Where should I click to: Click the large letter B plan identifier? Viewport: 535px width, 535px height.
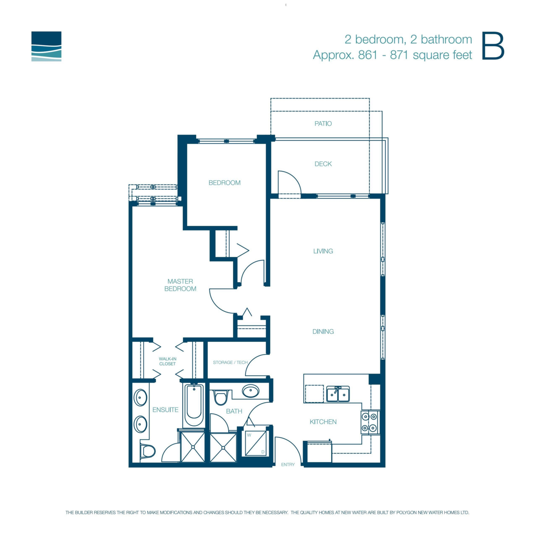pyautogui.click(x=493, y=46)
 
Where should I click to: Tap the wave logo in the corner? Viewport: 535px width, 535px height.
pyautogui.click(x=46, y=46)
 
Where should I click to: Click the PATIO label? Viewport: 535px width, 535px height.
pyautogui.click(x=323, y=123)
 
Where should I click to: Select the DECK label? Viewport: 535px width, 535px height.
pyautogui.click(x=323, y=164)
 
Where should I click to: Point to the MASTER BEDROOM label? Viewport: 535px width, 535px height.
pyautogui.click(x=180, y=285)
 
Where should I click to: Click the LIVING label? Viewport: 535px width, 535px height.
pyautogui.click(x=323, y=251)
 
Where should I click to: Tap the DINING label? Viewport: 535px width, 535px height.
pyautogui.click(x=323, y=331)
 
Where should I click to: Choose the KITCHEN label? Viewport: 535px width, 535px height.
pyautogui.click(x=323, y=422)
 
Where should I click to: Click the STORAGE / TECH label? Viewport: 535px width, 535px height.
pyautogui.click(x=230, y=362)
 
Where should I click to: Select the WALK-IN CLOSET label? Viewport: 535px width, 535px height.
pyautogui.click(x=168, y=361)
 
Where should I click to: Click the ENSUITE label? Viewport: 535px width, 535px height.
pyautogui.click(x=165, y=410)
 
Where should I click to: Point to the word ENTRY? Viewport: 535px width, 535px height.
pyautogui.click(x=288, y=464)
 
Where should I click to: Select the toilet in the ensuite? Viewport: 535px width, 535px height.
pyautogui.click(x=148, y=451)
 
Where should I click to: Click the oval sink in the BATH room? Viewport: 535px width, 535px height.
pyautogui.click(x=251, y=391)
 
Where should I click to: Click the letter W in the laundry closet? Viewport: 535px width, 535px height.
pyautogui.click(x=249, y=435)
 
